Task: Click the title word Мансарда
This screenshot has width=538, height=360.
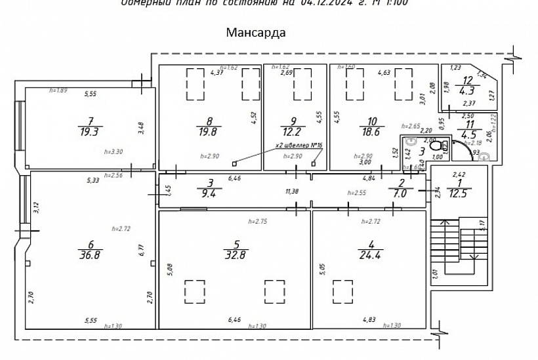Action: pyautogui.click(x=255, y=32)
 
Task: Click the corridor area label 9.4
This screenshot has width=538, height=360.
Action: pyautogui.click(x=211, y=193)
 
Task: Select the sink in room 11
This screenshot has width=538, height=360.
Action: pyautogui.click(x=484, y=157)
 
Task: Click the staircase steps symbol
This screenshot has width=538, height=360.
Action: pyautogui.click(x=459, y=250)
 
